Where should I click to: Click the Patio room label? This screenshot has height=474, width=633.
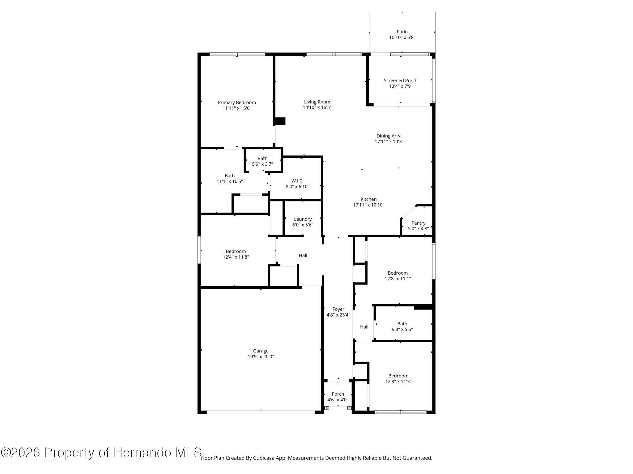[402, 32]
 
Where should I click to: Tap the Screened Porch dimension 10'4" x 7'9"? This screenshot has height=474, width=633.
[401, 86]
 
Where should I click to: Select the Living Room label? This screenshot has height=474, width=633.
[317, 102]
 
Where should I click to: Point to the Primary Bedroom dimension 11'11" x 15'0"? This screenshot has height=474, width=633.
[237, 108]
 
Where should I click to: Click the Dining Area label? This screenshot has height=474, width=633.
[389, 136]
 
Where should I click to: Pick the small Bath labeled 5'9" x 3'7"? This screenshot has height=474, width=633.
[262, 161]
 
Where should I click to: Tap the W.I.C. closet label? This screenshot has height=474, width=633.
[297, 181]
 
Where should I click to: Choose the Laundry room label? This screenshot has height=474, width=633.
[303, 219]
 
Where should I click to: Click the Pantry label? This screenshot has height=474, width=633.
[418, 223]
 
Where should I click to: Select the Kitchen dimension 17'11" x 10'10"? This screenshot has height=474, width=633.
[368, 205]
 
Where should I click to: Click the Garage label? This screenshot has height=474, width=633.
[261, 351]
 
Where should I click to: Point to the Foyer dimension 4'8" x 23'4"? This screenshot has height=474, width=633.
[338, 315]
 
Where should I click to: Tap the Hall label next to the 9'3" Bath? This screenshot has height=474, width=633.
[364, 327]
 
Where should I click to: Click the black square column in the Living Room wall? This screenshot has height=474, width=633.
[280, 121]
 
